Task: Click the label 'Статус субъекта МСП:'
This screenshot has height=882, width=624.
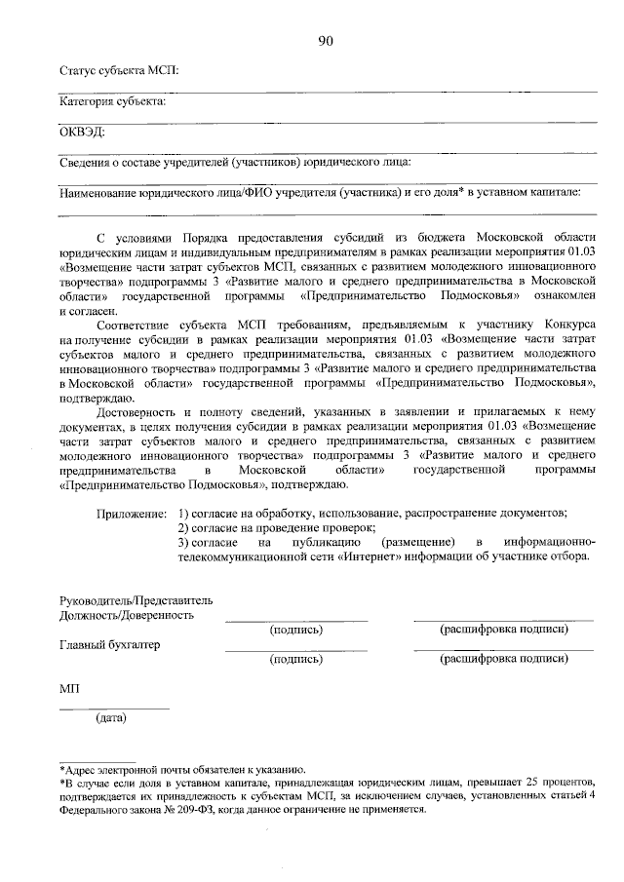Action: coord(119,70)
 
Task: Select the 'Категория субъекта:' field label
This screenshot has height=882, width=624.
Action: coord(113,100)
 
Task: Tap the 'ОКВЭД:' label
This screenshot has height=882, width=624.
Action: coord(82,131)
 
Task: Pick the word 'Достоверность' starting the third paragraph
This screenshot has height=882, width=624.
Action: coord(139,413)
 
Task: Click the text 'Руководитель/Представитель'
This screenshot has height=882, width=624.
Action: coord(136,600)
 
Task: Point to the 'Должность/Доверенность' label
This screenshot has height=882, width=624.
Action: coord(126,615)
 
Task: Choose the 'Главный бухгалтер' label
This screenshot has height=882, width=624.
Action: coord(110,645)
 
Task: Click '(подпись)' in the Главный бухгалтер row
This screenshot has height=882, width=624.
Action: coord(296,660)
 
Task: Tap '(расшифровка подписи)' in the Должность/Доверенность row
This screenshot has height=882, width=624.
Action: coord(503,630)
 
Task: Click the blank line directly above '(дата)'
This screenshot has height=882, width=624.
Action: coord(114,709)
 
